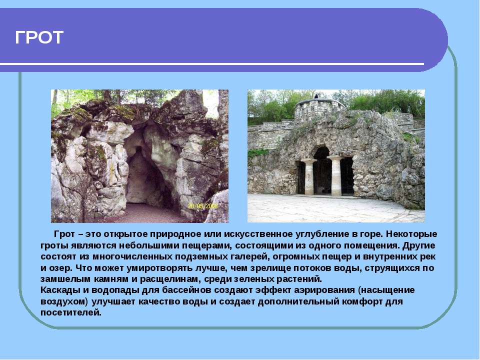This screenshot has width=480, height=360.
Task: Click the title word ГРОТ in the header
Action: [x=39, y=37]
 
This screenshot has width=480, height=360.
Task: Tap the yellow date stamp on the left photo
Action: [x=202, y=206]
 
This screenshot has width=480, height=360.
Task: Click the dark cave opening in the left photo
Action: [x=144, y=177]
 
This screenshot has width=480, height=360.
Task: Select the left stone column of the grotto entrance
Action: [x=309, y=177]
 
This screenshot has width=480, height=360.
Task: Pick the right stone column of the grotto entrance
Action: [x=336, y=176]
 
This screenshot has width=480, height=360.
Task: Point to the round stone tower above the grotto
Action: [x=319, y=108]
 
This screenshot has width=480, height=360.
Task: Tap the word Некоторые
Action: [x=411, y=234]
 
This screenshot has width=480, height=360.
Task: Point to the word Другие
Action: [x=418, y=246]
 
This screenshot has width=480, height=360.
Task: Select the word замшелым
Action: [x=65, y=279]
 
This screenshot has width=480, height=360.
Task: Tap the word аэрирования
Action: [x=324, y=290]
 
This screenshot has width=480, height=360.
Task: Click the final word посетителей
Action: [x=70, y=312]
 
